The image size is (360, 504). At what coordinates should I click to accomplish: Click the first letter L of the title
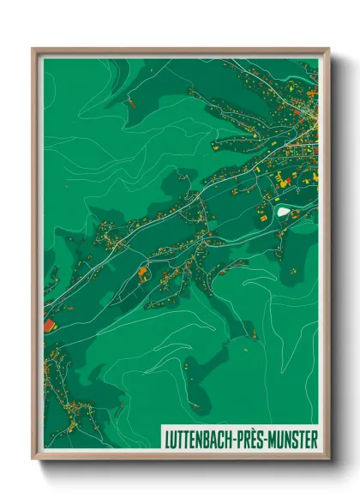(166, 439)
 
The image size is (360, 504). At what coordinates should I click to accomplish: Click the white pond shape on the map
(282, 210)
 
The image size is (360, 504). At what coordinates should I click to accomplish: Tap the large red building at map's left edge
(49, 326)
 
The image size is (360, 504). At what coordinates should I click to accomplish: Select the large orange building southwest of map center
(142, 274)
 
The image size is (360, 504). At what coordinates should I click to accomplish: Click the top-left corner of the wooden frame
(33, 49)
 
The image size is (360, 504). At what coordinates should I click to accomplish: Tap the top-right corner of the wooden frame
(328, 49)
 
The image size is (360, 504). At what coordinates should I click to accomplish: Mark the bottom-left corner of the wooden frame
(33, 459)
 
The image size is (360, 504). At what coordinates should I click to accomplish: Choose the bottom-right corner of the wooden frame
(328, 459)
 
